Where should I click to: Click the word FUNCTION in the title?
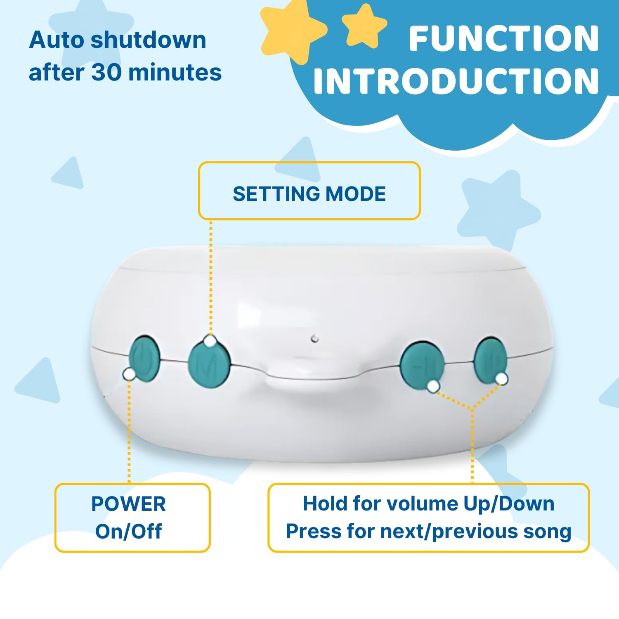click(503, 39)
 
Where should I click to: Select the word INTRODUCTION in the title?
click(456, 81)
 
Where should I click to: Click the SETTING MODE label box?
click(309, 191)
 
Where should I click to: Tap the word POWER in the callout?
click(128, 504)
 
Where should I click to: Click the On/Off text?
click(128, 531)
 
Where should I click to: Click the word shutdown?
click(148, 40)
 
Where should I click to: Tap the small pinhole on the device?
click(314, 339)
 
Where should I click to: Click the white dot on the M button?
click(210, 341)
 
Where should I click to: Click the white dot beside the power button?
click(129, 374)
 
